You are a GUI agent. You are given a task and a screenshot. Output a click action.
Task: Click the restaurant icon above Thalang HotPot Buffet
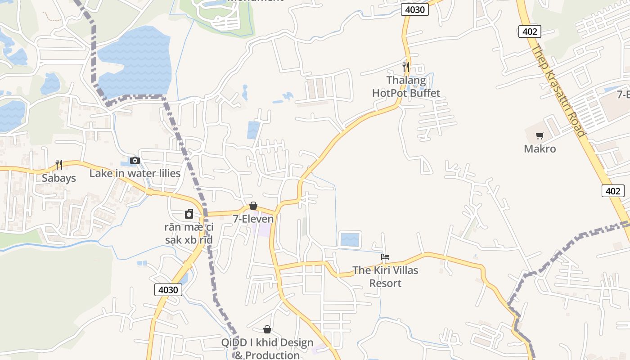point(406,67)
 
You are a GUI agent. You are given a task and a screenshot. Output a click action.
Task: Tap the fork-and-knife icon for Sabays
point(59,165)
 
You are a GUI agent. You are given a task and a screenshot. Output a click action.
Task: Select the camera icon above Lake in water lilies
point(135,160)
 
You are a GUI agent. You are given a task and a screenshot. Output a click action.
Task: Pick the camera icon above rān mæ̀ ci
point(189,214)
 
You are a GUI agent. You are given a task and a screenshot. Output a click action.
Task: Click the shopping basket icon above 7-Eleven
point(253,206)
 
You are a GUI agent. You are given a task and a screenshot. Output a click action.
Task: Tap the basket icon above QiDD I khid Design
point(267,329)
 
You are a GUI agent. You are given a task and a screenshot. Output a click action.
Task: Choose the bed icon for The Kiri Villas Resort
point(385,257)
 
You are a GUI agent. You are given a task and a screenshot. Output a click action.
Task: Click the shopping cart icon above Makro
point(540,135)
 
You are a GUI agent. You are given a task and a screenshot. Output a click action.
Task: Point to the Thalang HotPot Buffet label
point(406,87)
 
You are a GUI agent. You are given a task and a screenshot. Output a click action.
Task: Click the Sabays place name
point(59,178)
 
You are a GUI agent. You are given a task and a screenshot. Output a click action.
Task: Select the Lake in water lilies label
point(135,174)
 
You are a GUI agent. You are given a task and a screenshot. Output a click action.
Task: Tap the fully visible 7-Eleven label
point(253,219)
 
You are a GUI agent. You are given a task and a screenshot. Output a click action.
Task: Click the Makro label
point(540,149)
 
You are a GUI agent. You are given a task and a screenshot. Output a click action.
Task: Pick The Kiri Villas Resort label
point(385,277)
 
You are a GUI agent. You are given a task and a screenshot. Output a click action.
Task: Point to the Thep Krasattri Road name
point(558,90)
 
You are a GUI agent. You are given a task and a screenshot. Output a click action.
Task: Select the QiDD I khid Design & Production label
point(267,349)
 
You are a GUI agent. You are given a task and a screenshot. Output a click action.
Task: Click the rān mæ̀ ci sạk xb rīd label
point(189,234)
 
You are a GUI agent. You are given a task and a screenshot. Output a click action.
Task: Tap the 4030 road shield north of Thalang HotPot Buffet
point(414,9)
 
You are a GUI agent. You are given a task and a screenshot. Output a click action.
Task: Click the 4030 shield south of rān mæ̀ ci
point(168,290)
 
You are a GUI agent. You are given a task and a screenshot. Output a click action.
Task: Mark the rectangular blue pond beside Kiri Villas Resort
point(350,239)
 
